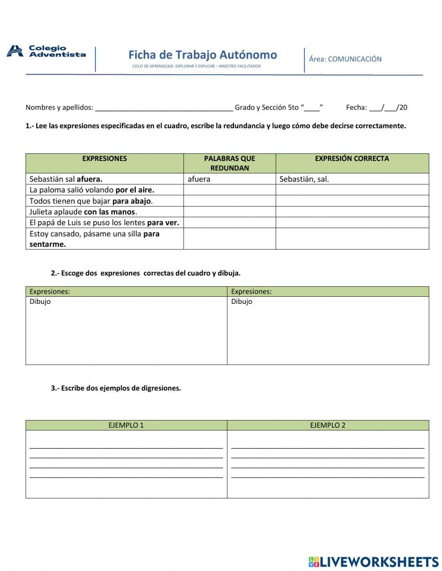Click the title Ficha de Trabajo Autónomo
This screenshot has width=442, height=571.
pyautogui.click(x=202, y=55)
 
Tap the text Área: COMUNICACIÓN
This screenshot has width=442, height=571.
pyautogui.click(x=345, y=59)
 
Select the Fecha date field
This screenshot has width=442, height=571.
pyautogui.click(x=383, y=107)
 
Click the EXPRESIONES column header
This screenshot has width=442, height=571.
pyautogui.click(x=104, y=158)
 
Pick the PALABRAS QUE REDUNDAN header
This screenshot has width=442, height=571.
pyautogui.click(x=229, y=163)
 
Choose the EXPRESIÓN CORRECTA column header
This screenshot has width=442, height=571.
pyautogui.click(x=352, y=158)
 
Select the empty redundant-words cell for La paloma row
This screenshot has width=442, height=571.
pyautogui.click(x=229, y=190)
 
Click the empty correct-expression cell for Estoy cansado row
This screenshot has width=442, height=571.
pyautogui.click(x=352, y=239)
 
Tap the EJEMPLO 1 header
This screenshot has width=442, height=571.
pyautogui.click(x=126, y=425)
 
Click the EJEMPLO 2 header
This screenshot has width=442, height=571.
pyautogui.click(x=328, y=425)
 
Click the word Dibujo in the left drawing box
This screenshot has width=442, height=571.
pyautogui.click(x=40, y=302)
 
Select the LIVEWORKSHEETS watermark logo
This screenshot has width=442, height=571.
pyautogui.click(x=373, y=562)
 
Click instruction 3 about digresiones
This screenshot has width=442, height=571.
pyautogui.click(x=116, y=388)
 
